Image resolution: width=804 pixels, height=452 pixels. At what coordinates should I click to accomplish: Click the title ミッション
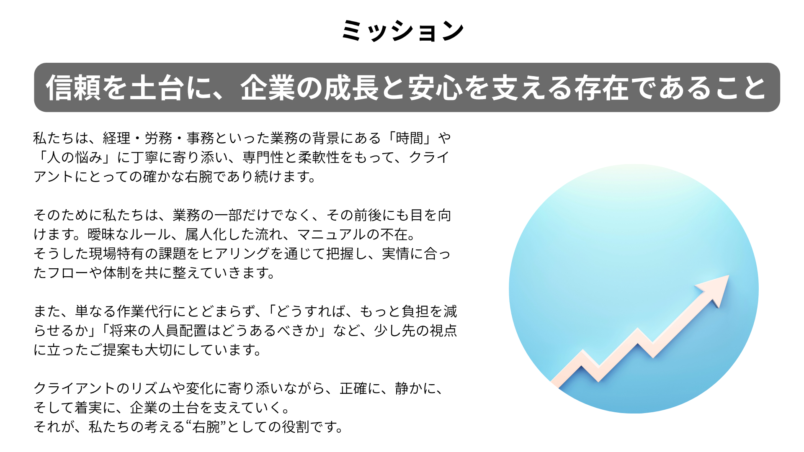click(x=402, y=31)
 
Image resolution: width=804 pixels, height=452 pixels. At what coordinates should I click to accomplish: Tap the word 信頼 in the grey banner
click(x=73, y=88)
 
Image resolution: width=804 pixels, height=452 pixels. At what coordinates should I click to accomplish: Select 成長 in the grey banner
click(x=351, y=88)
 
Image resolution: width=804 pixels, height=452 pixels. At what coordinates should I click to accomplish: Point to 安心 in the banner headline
click(x=435, y=88)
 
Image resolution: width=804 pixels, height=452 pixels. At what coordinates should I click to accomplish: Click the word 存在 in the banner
click(x=601, y=88)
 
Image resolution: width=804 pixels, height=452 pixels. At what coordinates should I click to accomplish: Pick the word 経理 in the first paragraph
click(x=116, y=138)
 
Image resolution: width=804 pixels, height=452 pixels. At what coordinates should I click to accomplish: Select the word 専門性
click(x=263, y=157)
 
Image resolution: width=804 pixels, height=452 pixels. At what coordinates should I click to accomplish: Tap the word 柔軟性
click(x=319, y=157)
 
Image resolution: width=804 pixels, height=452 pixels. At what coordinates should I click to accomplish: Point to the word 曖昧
click(x=101, y=234)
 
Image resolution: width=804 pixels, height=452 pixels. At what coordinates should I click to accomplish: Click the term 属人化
click(x=206, y=234)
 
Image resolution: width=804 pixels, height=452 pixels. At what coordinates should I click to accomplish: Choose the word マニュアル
click(x=332, y=234)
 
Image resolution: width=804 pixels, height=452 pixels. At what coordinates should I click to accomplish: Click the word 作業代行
click(x=144, y=311)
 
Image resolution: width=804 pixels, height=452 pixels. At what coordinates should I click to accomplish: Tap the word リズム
click(x=151, y=388)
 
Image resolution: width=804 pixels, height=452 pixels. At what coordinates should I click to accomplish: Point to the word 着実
click(x=88, y=407)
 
